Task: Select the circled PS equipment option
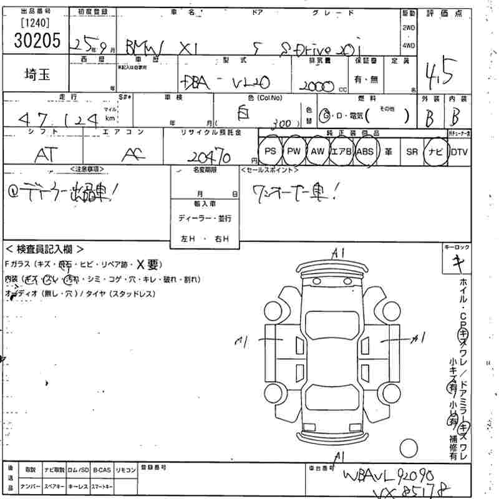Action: pyautogui.click(x=269, y=151)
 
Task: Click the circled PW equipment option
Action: pyautogui.click(x=293, y=151)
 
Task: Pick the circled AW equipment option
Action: pyautogui.click(x=317, y=151)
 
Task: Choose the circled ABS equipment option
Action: pyautogui.click(x=366, y=151)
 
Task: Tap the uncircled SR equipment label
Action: pyautogui.click(x=411, y=151)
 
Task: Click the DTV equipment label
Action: pyautogui.click(x=460, y=151)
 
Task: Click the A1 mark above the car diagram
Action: pyautogui.click(x=339, y=252)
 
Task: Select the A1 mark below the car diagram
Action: pyautogui.click(x=339, y=457)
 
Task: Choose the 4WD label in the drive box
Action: pyautogui.click(x=409, y=46)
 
